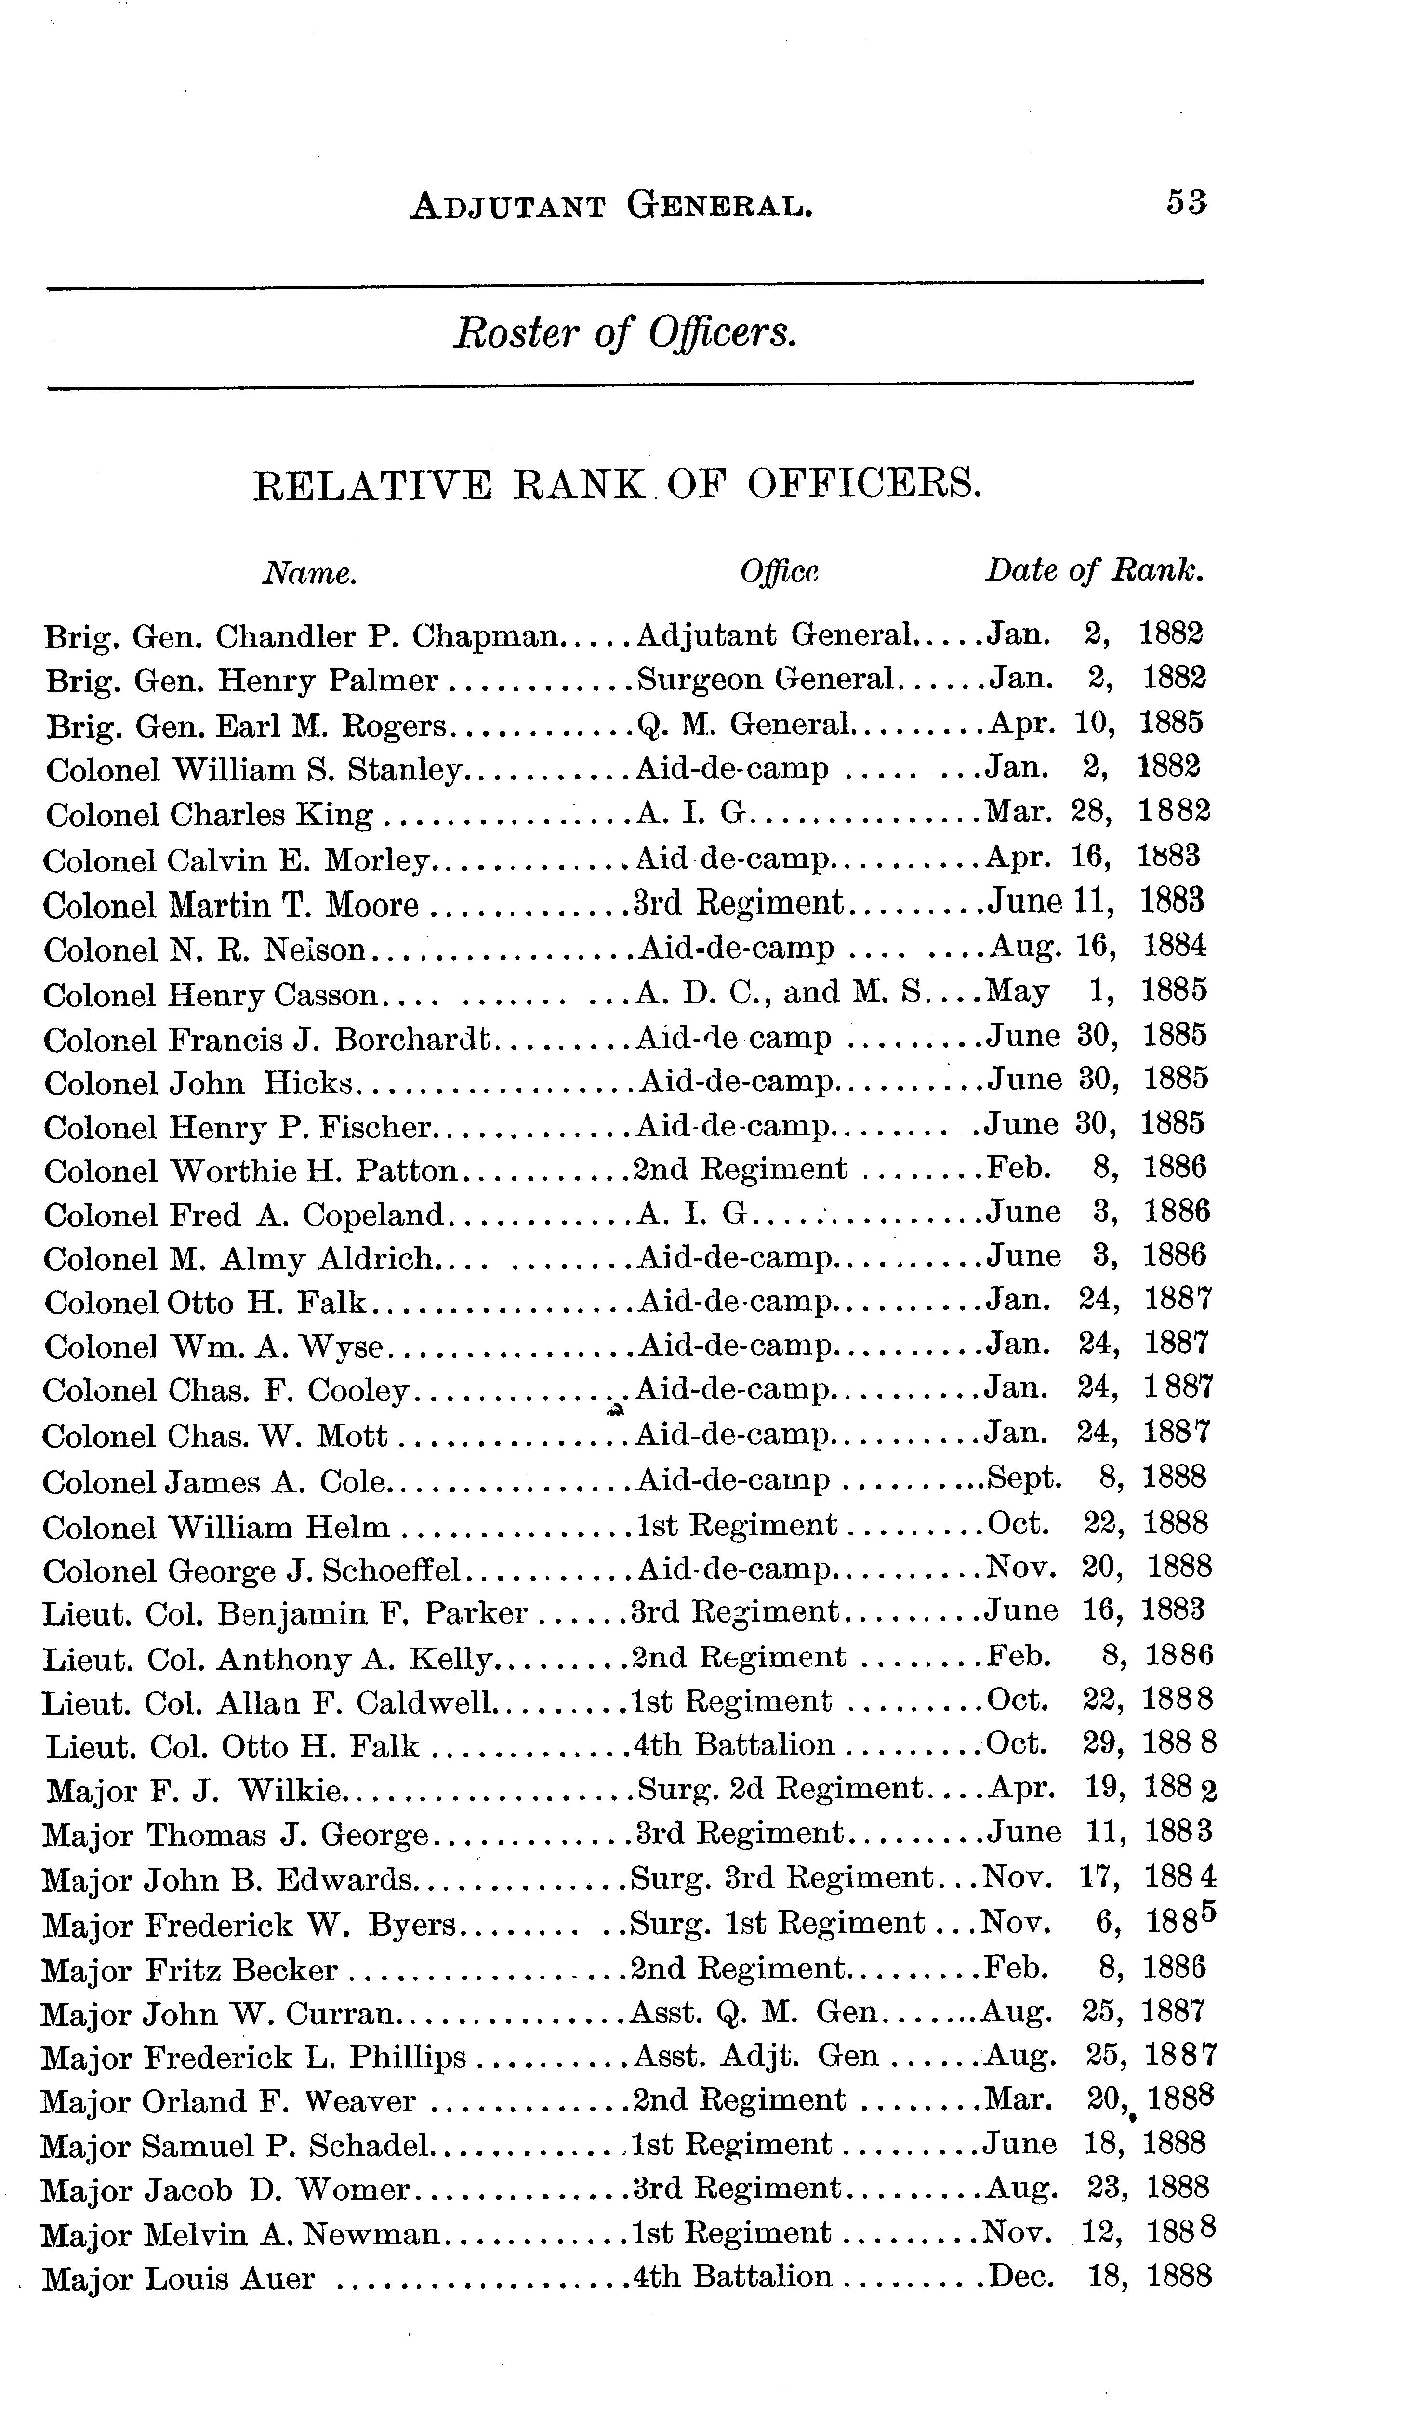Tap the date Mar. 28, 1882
coord(1096,812)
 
